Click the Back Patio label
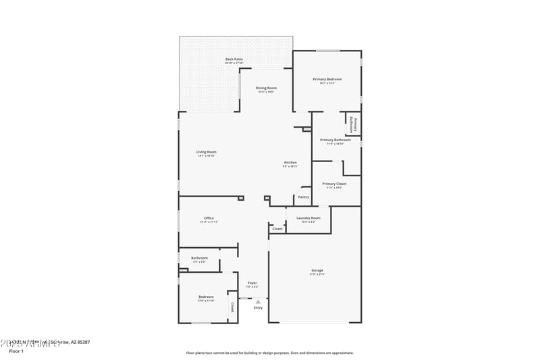234,59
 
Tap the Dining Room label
266,88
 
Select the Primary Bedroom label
327,80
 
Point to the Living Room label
207,152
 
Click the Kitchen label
290,163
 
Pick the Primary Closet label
334,184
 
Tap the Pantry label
304,197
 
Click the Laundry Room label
308,218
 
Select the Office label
209,218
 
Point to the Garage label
317,271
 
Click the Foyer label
252,283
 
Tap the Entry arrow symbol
258,301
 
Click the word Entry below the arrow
258,308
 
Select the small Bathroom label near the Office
199,258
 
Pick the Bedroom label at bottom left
206,297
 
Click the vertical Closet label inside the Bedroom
233,307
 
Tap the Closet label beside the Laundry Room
277,229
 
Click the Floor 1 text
16,351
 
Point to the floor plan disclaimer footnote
270,353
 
